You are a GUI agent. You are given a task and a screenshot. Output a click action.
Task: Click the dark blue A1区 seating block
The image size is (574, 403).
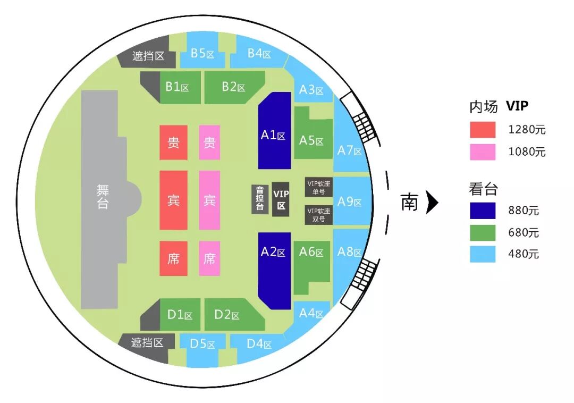pos(274,133)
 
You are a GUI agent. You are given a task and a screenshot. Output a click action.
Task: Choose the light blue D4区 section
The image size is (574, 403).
pos(259,345)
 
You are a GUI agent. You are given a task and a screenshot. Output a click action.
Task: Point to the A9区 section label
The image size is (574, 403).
pos(350,202)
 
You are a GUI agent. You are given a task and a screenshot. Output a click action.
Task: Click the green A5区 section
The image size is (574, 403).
pos(311,139)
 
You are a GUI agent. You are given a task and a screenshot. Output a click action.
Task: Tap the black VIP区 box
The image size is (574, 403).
pos(281,199)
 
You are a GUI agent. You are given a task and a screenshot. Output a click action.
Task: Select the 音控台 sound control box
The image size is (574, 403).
pos(260,199)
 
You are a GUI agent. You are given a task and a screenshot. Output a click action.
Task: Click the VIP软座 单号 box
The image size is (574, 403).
pos(319,187)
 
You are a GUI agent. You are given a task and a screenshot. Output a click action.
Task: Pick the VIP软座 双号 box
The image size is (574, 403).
pos(319,214)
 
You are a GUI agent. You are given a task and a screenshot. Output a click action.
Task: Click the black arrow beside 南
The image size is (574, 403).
pos(432,203)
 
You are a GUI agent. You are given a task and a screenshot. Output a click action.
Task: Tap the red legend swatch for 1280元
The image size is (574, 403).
pos(483,129)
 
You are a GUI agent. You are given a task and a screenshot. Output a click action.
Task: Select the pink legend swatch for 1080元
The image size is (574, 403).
pos(483,152)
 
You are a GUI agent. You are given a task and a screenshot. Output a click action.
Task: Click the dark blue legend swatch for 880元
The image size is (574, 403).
pos(483,211)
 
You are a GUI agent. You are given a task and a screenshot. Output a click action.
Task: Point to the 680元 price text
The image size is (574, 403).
pos(523,233)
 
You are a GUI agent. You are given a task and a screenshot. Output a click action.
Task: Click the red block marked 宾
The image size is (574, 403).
pos(174,200)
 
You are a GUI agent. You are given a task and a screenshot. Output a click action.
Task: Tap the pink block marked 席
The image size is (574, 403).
pos(209,258)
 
